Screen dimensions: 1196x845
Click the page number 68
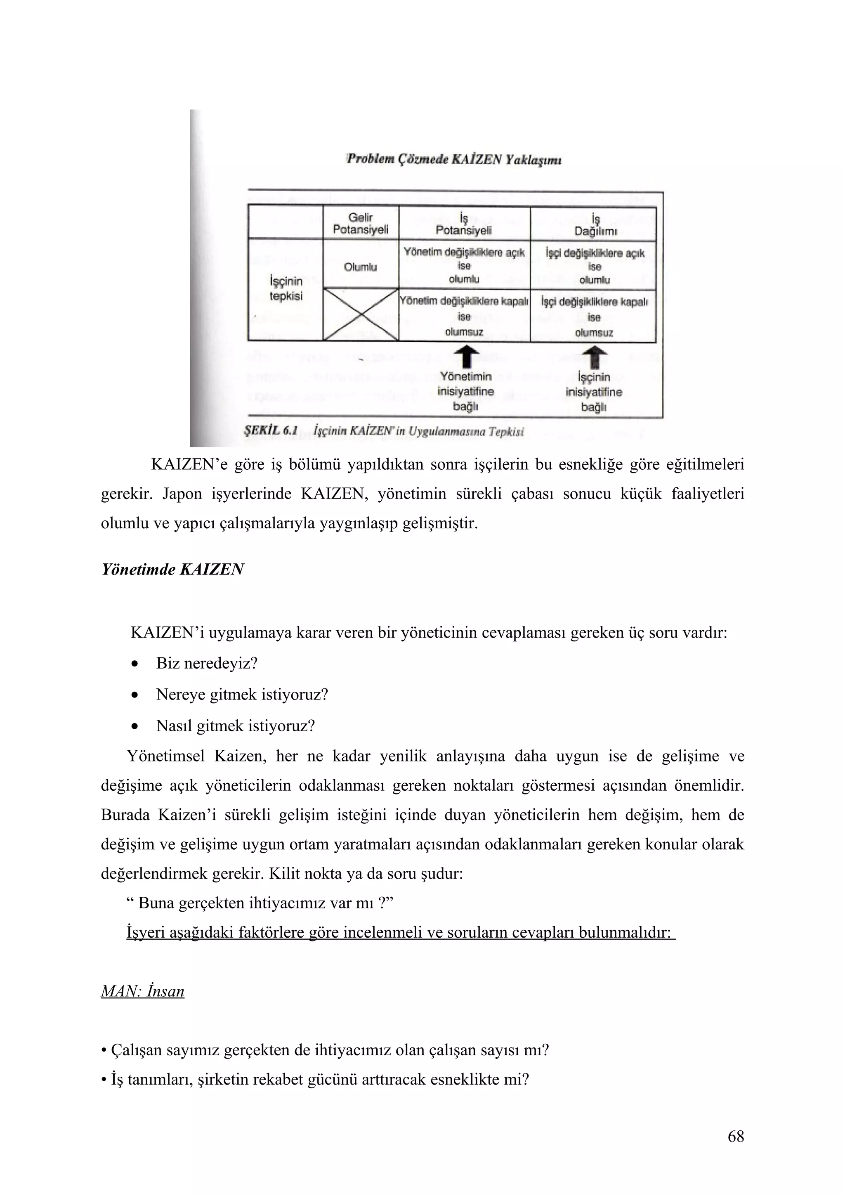(x=736, y=1136)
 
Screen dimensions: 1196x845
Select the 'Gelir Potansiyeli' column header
(x=360, y=223)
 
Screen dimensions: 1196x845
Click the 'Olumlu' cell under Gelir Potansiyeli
(x=360, y=267)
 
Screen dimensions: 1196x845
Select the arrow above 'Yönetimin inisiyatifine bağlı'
(x=465, y=358)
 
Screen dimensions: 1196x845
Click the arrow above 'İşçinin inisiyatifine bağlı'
(x=594, y=358)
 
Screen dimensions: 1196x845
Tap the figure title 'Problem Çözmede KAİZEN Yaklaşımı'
(x=453, y=159)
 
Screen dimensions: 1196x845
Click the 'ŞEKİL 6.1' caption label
(x=270, y=430)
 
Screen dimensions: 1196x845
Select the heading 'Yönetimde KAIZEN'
(x=172, y=570)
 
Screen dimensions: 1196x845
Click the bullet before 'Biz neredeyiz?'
(x=135, y=665)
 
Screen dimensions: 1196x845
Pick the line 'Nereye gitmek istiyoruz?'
(x=242, y=695)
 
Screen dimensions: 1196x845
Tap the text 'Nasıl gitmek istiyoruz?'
(x=235, y=726)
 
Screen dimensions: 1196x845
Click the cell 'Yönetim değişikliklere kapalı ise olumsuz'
(x=464, y=316)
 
